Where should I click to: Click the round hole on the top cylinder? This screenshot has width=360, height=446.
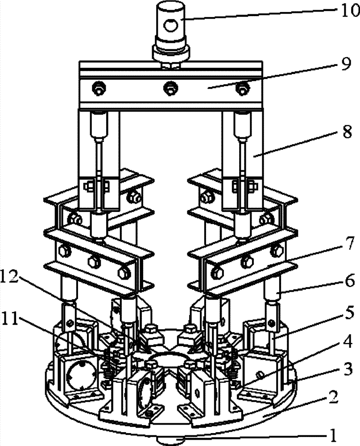170,27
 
